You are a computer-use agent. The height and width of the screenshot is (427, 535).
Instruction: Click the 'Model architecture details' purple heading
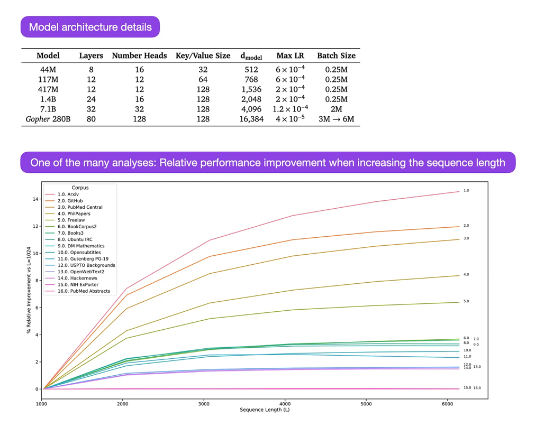click(x=90, y=27)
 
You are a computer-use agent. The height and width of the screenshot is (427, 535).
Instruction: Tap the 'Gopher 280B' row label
click(x=48, y=119)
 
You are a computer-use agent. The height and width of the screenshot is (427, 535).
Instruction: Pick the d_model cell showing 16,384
click(x=251, y=119)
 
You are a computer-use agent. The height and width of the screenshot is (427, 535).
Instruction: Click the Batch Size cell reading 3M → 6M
click(x=336, y=119)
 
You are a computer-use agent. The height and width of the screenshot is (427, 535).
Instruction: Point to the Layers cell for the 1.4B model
click(x=91, y=99)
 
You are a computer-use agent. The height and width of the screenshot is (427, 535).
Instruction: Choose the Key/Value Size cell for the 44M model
click(x=203, y=69)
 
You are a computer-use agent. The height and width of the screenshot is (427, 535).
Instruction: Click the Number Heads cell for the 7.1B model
click(x=139, y=109)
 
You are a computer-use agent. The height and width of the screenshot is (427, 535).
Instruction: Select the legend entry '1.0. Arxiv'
click(x=68, y=194)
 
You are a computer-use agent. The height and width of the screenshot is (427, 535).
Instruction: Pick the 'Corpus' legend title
click(x=80, y=188)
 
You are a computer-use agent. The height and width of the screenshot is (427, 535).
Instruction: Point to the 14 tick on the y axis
click(x=36, y=199)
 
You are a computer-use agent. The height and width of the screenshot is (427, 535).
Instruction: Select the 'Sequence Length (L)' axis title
click(x=265, y=410)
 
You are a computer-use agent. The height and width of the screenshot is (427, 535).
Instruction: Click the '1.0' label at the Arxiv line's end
click(x=466, y=190)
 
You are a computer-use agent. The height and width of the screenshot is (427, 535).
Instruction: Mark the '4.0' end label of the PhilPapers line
click(x=466, y=275)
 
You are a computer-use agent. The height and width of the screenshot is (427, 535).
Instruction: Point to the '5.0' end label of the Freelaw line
click(x=466, y=301)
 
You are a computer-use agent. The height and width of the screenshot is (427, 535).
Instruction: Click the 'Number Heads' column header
click(x=139, y=55)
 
